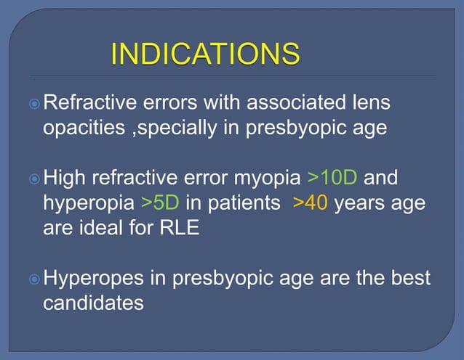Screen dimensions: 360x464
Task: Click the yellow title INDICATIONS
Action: pyautogui.click(x=205, y=54)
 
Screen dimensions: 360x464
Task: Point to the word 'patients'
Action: pyautogui.click(x=245, y=204)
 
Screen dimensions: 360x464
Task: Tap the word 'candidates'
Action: pyautogui.click(x=93, y=303)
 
